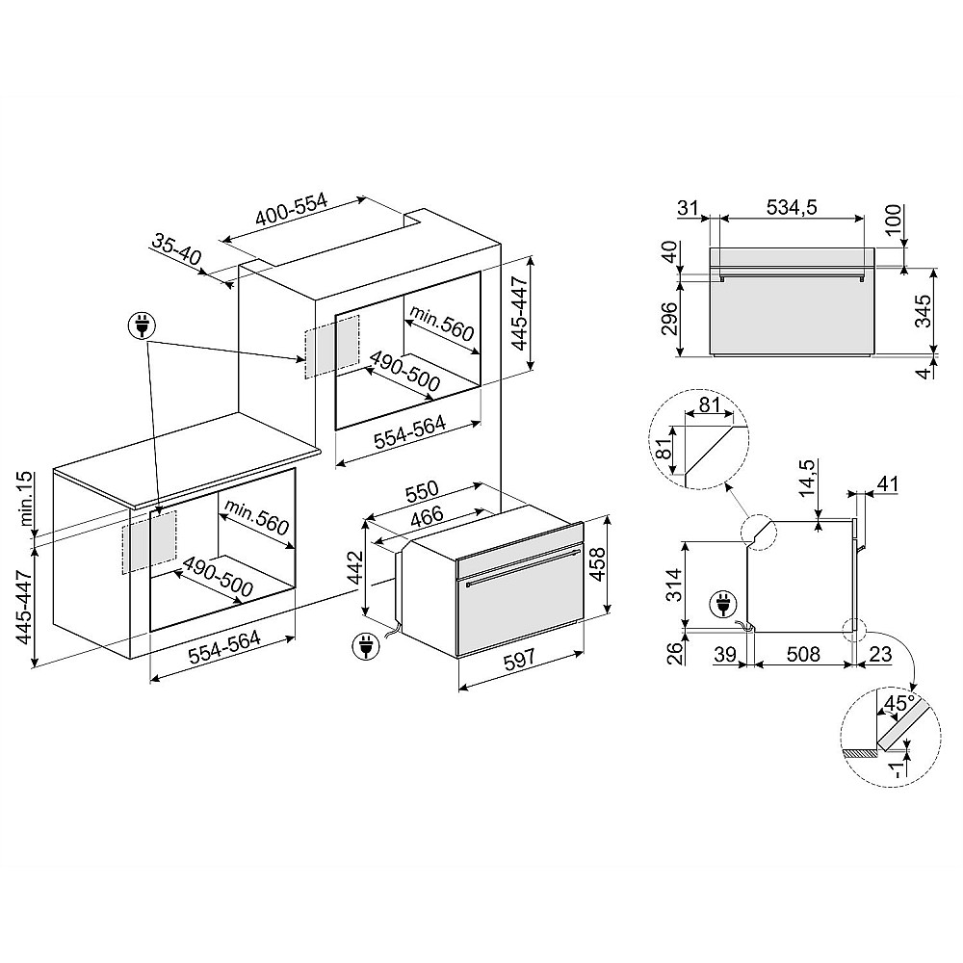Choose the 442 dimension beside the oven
point(355,570)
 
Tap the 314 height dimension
point(673,583)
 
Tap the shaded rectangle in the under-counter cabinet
point(149,541)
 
